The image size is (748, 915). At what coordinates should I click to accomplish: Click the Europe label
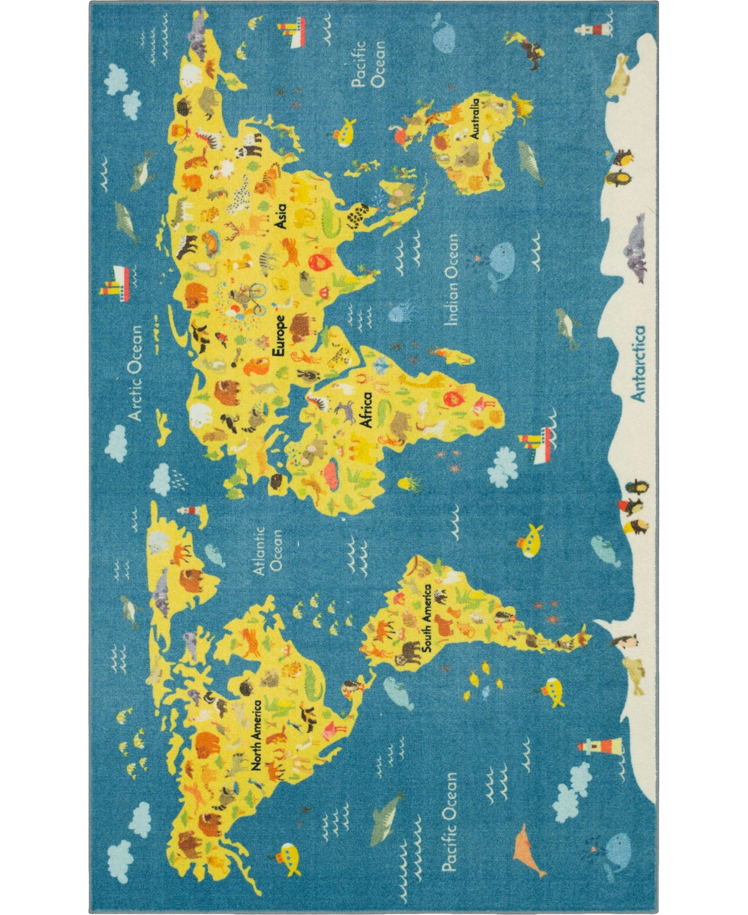click(279, 336)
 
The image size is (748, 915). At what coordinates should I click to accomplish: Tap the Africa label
click(367, 410)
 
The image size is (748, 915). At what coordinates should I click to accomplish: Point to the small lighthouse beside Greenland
click(186, 510)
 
